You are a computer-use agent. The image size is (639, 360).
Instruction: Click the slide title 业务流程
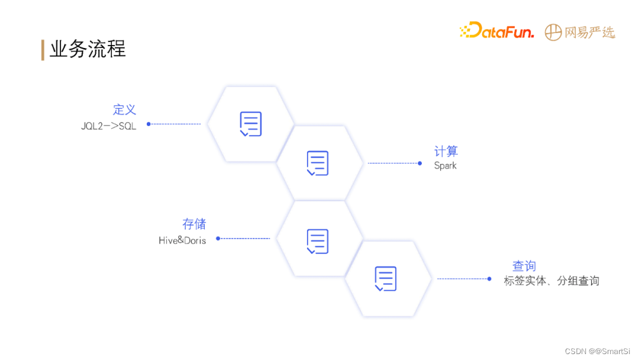pyautogui.click(x=88, y=50)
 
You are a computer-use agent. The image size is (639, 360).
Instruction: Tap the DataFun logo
pyautogui.click(x=497, y=31)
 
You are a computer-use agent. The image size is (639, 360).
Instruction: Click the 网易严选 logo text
pyautogui.click(x=589, y=33)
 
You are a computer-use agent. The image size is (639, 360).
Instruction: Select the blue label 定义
pyautogui.click(x=124, y=110)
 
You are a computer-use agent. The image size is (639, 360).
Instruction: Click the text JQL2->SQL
pyautogui.click(x=108, y=126)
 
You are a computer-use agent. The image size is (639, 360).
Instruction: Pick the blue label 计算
pyautogui.click(x=446, y=152)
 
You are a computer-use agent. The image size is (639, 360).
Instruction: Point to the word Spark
pyautogui.click(x=446, y=166)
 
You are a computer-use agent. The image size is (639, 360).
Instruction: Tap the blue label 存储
pyautogui.click(x=194, y=224)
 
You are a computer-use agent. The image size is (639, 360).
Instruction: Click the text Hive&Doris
pyautogui.click(x=182, y=240)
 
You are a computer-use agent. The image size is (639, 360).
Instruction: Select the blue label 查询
pyautogui.click(x=524, y=266)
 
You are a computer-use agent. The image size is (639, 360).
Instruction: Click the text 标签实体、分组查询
pyautogui.click(x=551, y=281)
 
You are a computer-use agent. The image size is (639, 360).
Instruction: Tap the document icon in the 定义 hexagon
pyautogui.click(x=251, y=124)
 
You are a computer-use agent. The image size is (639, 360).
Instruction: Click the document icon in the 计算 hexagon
pyautogui.click(x=318, y=163)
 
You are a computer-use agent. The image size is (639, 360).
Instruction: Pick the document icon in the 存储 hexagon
pyautogui.click(x=318, y=240)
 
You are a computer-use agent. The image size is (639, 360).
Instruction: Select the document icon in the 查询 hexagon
pyautogui.click(x=385, y=279)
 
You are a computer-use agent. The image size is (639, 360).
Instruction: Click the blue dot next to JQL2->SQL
pyautogui.click(x=149, y=124)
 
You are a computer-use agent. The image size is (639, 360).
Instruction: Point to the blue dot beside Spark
pyautogui.click(x=419, y=163)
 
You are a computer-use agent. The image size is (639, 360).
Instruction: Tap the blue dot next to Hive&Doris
pyautogui.click(x=218, y=239)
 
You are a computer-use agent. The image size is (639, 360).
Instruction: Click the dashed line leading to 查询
pyautogui.click(x=463, y=279)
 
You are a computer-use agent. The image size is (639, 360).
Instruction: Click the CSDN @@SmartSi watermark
pyautogui.click(x=597, y=351)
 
